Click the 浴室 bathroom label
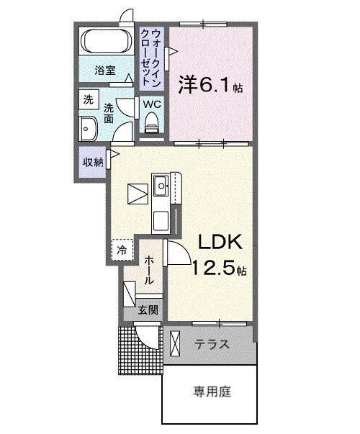tap(105, 71)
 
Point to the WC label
tap(152, 104)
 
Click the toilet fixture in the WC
tap(152, 127)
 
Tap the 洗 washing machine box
tap(88, 100)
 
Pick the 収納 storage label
tap(92, 161)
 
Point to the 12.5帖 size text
tap(219, 270)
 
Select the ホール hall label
tap(147, 271)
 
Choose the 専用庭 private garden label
tap(211, 392)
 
